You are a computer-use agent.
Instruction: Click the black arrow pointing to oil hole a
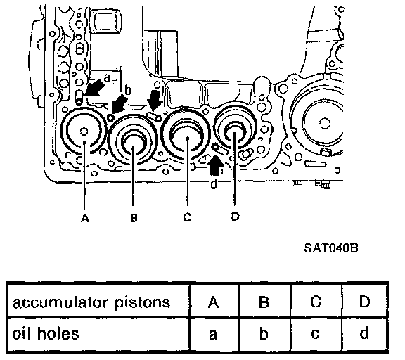(94, 89)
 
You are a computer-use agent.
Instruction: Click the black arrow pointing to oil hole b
(120, 104)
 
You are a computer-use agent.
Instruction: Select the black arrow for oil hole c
(155, 101)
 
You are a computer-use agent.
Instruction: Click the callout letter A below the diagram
(85, 218)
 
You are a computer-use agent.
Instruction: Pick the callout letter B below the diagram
(134, 218)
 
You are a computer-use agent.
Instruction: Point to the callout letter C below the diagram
(187, 217)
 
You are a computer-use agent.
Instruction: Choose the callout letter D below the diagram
(235, 217)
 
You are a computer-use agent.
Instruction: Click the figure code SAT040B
(331, 248)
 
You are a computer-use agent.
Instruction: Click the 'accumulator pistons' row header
(91, 302)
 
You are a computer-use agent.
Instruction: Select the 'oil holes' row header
(46, 333)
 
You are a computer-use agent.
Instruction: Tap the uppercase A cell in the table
(213, 302)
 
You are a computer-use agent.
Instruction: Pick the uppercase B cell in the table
(264, 302)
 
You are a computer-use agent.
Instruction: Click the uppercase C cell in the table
(316, 302)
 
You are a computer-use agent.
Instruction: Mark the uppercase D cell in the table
(364, 302)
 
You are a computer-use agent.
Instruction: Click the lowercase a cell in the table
(213, 334)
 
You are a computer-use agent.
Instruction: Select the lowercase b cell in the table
(264, 334)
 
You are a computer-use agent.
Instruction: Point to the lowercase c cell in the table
(316, 334)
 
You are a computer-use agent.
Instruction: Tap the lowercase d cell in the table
(364, 334)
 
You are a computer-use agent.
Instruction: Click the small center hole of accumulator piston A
(84, 131)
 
